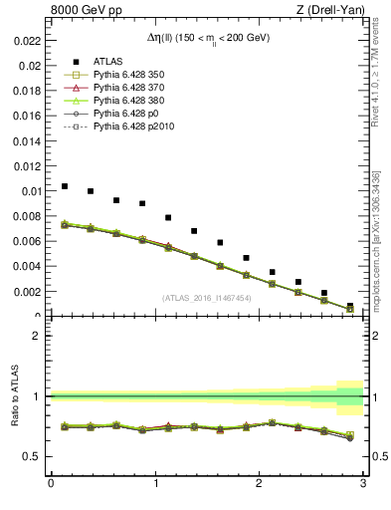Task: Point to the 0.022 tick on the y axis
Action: (x=28, y=41)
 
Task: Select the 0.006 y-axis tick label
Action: (x=28, y=241)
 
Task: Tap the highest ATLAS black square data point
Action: (x=65, y=186)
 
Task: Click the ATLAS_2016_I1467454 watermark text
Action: (x=207, y=297)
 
